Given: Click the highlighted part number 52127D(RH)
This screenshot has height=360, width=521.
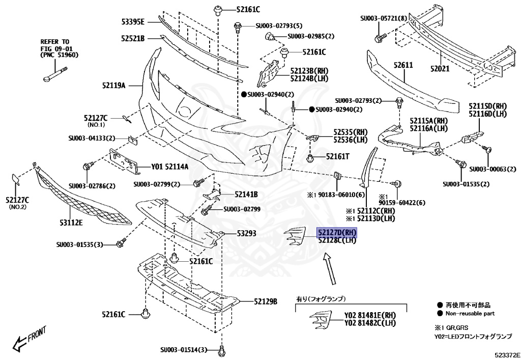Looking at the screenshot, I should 337,233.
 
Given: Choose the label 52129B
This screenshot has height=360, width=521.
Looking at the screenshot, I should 266,301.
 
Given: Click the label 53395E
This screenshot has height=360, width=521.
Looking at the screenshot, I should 133,21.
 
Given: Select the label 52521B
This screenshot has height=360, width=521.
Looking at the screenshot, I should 133,38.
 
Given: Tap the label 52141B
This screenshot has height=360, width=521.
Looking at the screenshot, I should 246,195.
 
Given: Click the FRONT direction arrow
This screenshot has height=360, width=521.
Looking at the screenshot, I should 28,341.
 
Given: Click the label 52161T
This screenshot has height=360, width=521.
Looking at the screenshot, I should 338,157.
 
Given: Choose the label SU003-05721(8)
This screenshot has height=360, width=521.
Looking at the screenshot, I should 385,18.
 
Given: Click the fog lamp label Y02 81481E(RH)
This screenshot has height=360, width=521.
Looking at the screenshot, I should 370,315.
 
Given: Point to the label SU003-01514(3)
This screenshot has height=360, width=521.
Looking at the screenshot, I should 184,350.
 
